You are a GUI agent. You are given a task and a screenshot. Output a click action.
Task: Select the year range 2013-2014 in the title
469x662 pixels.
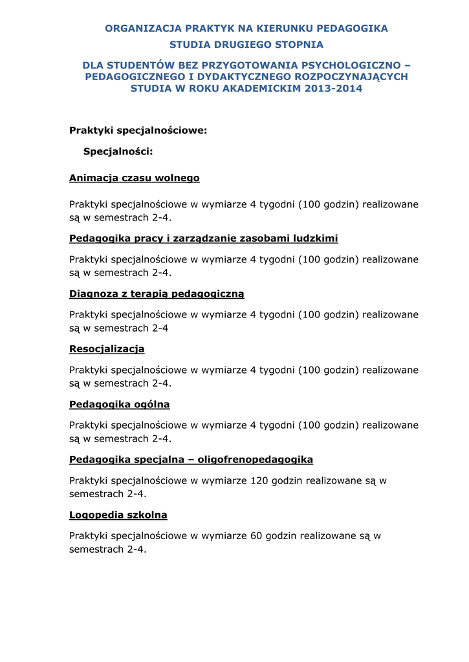(x=334, y=89)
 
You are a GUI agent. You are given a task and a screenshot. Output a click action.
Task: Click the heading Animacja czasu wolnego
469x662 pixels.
(x=135, y=178)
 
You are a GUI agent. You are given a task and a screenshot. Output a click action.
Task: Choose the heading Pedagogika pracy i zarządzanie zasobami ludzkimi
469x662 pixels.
(x=204, y=239)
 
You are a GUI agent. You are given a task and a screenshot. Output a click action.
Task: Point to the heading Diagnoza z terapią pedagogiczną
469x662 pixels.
(x=157, y=294)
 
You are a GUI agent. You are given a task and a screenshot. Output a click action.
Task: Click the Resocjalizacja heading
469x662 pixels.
(x=107, y=349)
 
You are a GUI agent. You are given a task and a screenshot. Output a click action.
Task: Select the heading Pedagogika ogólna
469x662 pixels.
(x=120, y=404)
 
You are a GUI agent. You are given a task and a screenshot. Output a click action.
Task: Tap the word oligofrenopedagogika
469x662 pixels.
(x=256, y=460)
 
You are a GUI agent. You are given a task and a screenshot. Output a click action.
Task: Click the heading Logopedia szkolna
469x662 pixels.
(x=118, y=515)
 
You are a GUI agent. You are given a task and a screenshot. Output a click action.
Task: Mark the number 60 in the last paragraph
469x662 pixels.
(x=257, y=536)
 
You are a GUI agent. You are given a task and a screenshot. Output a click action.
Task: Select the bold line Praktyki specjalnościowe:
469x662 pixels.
(x=138, y=131)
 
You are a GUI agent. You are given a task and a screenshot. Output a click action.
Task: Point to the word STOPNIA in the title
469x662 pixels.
(x=299, y=45)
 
